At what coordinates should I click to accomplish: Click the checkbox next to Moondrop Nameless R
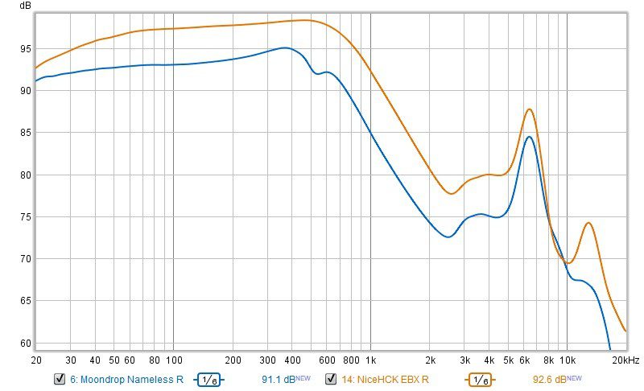(x=59, y=379)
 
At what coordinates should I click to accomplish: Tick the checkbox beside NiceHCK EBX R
(x=331, y=379)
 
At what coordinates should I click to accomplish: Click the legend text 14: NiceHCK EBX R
(x=385, y=379)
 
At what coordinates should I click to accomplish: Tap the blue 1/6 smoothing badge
(x=208, y=380)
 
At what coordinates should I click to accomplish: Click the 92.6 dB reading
(x=550, y=379)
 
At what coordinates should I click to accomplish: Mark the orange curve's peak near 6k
(x=529, y=109)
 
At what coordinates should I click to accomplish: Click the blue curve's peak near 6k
(x=529, y=137)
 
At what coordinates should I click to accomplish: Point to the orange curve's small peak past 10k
(x=589, y=223)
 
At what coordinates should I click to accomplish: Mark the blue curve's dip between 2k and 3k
(x=448, y=237)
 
